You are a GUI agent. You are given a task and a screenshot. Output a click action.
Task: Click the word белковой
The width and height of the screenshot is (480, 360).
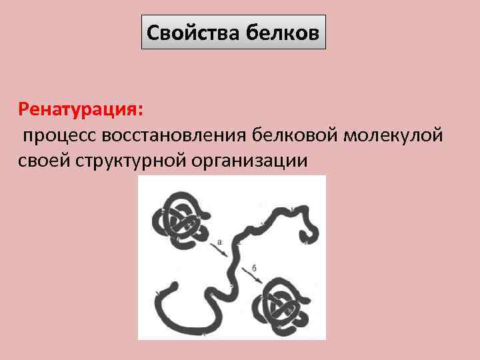point(295,135)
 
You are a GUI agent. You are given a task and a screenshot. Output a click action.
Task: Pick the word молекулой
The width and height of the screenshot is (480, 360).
point(393,135)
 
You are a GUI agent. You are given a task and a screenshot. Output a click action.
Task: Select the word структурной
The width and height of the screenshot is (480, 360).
point(134,161)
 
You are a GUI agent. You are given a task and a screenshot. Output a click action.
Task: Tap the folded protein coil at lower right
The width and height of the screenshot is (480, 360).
point(283,303)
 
